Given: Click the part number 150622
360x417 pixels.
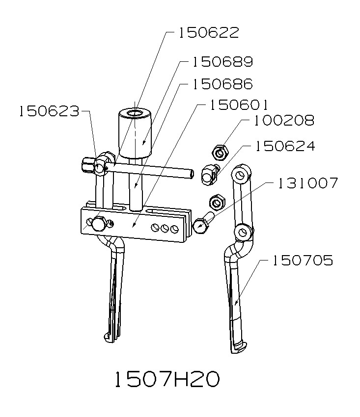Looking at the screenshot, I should tap(209, 33).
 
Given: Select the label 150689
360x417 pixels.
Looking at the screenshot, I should tap(222, 62).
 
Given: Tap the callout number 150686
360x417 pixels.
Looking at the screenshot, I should tap(222, 84).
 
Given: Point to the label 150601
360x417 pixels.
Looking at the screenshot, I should tap(238, 105).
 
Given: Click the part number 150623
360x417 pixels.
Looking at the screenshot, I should tap(49, 111).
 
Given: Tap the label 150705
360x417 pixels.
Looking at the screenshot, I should tap(303, 261).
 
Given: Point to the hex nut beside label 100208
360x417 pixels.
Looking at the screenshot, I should tap(220, 153).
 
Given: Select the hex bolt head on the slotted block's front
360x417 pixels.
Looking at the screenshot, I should tap(98, 224).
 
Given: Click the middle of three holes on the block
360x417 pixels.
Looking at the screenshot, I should tap(164, 228).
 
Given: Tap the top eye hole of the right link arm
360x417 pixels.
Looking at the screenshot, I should tap(240, 175).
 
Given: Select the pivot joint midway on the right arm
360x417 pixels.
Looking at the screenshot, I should tap(241, 232).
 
